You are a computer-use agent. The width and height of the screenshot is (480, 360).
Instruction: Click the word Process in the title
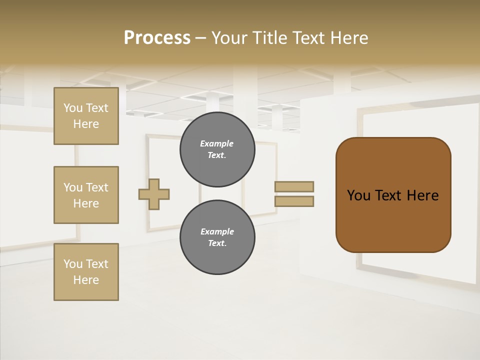click(x=157, y=38)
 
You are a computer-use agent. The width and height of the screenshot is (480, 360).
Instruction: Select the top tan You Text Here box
click(x=86, y=116)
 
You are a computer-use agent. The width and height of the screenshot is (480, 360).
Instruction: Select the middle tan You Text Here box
click(x=86, y=195)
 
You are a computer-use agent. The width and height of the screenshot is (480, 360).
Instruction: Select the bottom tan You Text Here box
click(x=86, y=272)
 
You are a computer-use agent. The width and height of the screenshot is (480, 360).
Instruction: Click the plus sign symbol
click(x=154, y=194)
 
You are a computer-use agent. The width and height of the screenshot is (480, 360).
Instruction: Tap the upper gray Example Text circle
click(x=217, y=149)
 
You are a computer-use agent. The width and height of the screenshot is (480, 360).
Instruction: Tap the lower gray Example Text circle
click(x=217, y=237)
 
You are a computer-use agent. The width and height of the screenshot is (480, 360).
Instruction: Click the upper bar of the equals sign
click(x=294, y=186)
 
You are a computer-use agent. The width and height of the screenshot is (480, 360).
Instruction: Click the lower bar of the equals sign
click(x=294, y=201)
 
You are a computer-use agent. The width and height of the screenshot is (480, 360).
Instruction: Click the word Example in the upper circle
click(x=216, y=144)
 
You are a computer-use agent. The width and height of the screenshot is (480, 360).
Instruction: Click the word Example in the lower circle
click(x=217, y=232)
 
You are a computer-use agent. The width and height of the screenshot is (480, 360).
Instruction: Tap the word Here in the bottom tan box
click(x=86, y=280)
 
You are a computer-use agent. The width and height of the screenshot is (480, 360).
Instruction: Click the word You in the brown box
click(x=358, y=195)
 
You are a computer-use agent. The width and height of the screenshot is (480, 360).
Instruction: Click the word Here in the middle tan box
click(x=86, y=203)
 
